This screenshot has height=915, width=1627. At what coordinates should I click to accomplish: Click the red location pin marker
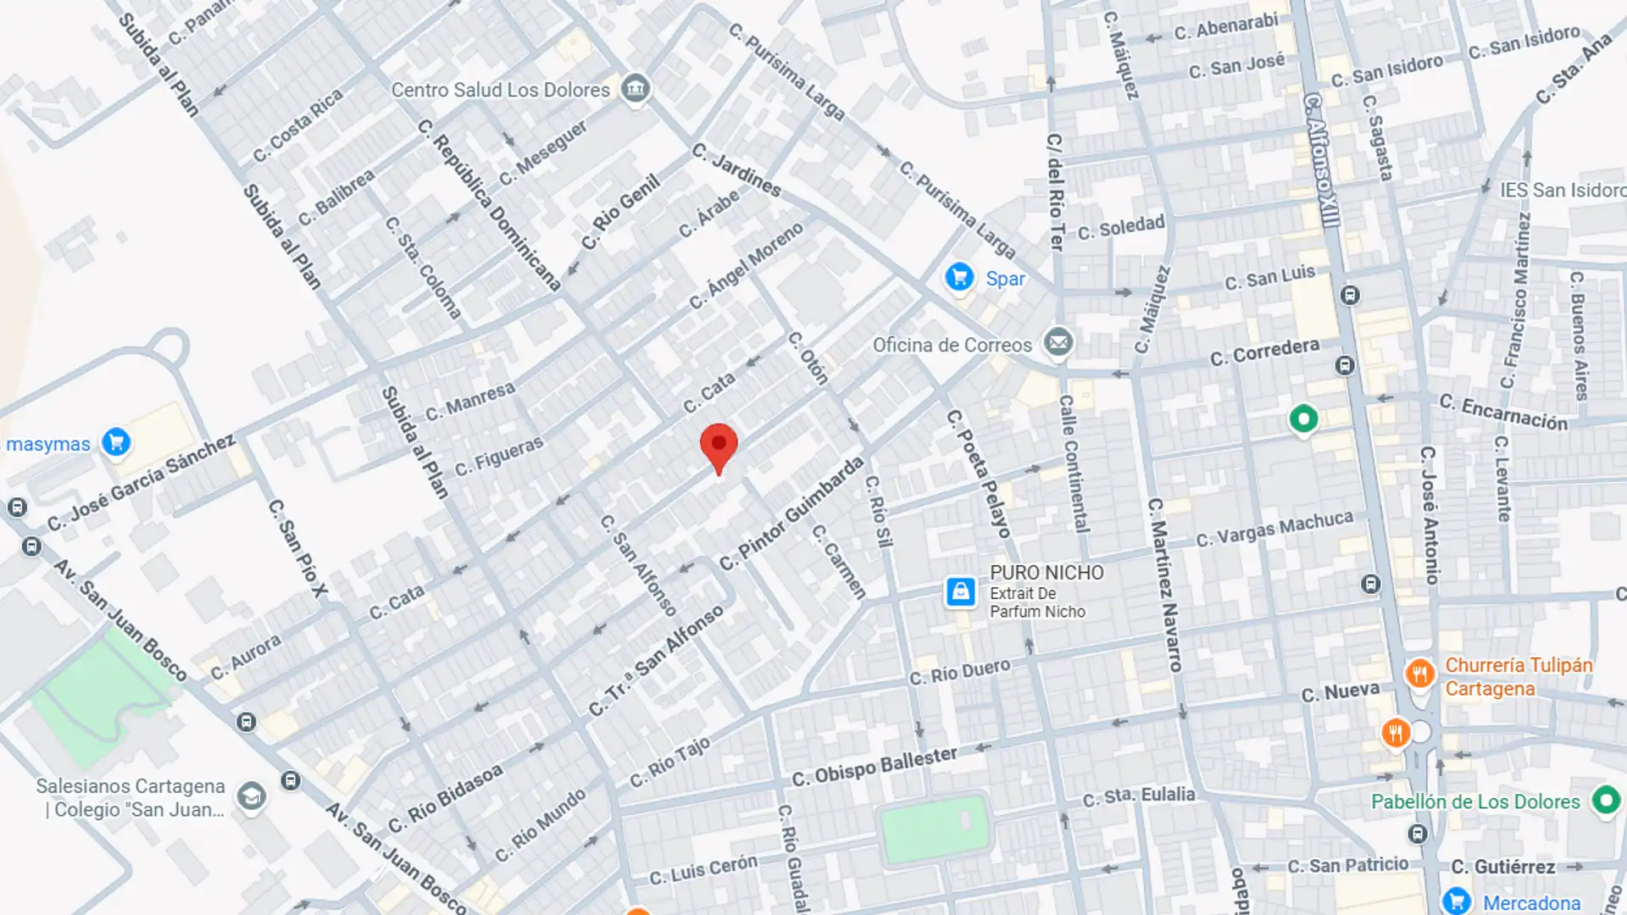tap(719, 446)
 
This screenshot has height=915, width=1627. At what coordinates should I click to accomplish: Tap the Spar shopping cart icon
tap(959, 277)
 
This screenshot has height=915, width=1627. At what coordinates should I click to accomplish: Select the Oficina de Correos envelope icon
tap(1058, 343)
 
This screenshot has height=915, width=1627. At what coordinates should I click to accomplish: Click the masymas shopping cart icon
tap(116, 441)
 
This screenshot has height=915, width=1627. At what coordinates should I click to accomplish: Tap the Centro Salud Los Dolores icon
tap(635, 87)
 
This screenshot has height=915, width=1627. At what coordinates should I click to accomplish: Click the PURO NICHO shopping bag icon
tap(960, 591)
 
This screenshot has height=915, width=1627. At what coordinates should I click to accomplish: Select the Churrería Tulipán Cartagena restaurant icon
tap(1419, 674)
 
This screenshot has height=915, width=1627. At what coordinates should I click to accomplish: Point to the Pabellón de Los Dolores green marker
tap(1605, 800)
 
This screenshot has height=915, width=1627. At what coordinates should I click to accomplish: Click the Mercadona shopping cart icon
tap(1456, 901)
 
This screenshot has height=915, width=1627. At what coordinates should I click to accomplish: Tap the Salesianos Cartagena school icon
tap(251, 796)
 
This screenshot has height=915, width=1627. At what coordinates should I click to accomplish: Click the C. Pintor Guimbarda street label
tap(791, 513)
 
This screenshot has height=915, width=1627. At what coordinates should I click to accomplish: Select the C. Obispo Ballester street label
tap(874, 766)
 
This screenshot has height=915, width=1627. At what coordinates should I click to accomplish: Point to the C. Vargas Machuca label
tap(1274, 530)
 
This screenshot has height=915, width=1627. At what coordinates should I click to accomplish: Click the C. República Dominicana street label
tap(489, 205)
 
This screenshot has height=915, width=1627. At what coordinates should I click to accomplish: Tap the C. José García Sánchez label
tap(141, 482)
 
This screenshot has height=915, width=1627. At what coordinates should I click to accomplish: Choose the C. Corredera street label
tap(1264, 352)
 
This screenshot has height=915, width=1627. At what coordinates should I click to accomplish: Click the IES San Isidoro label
tap(1561, 191)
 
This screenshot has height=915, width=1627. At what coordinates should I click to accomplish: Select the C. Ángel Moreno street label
tap(746, 266)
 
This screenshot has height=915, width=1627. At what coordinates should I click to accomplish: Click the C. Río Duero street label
tap(959, 672)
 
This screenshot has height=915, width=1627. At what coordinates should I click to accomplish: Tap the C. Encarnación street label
tap(1503, 413)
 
